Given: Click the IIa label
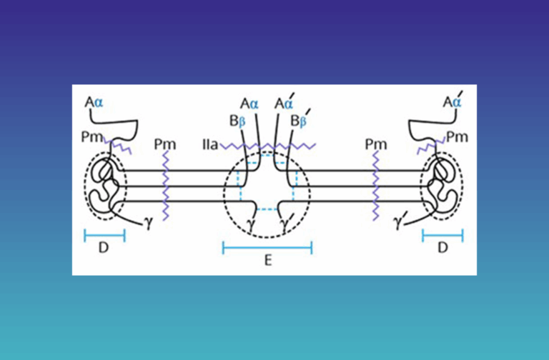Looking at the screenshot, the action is click(210, 144).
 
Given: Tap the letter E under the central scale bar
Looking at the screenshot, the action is click(268, 260).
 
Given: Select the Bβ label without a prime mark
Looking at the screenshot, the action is click(237, 121).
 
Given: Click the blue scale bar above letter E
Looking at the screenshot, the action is click(267, 248).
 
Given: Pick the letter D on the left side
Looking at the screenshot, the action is click(104, 248).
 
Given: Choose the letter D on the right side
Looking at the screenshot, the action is click(443, 248).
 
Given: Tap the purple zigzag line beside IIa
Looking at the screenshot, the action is click(268, 146).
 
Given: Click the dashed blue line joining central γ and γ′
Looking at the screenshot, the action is click(267, 209).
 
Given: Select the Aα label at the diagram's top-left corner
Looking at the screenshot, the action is click(94, 103).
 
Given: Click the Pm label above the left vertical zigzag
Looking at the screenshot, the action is click(165, 144).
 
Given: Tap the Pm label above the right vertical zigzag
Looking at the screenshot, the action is click(376, 144).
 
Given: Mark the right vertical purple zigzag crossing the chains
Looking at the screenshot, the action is click(376, 186).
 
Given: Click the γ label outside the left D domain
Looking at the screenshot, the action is click(149, 223).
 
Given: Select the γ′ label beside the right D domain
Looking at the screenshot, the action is click(398, 222).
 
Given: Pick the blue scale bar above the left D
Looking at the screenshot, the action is click(104, 236).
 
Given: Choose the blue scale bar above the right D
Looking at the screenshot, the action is click(443, 236).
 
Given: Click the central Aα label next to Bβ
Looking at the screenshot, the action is click(249, 104).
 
